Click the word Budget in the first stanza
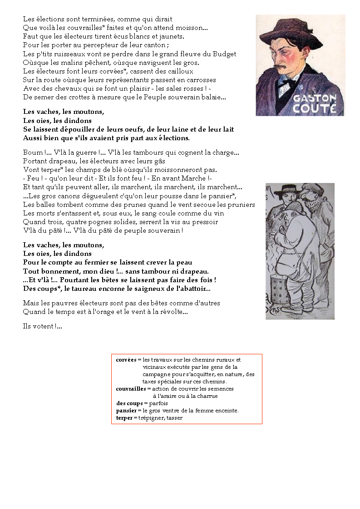pyautogui.click(x=224, y=54)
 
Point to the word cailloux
pyautogui.click(x=179, y=71)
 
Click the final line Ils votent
pyautogui.click(x=42, y=326)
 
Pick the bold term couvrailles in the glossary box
pyautogui.click(x=131, y=389)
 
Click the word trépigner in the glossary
pyautogui.click(x=152, y=418)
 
